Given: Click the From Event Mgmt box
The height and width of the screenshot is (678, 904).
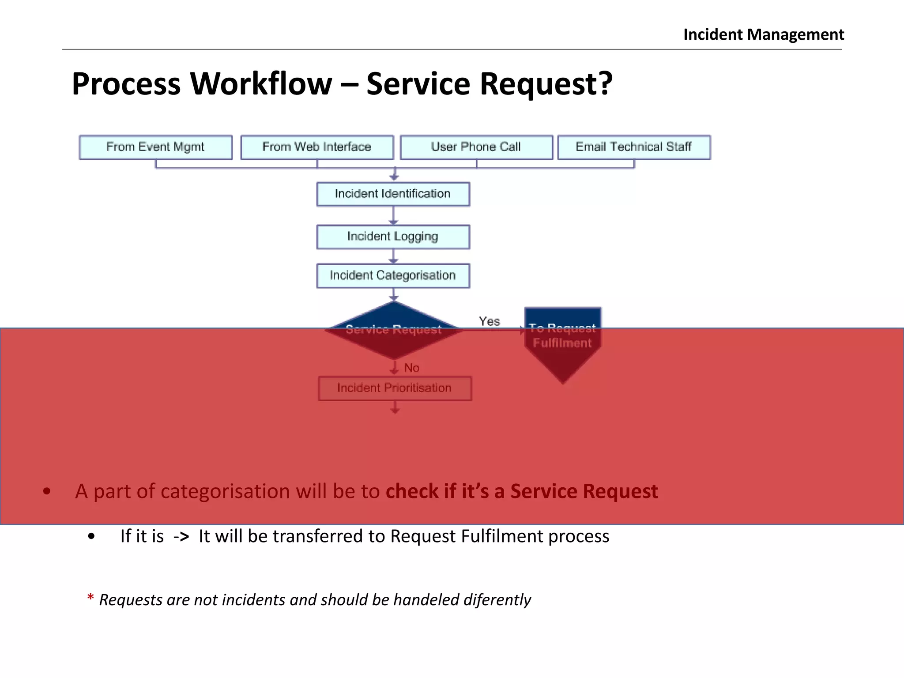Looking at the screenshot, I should click(x=155, y=147).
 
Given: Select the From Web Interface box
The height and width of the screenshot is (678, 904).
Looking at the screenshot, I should click(x=316, y=147).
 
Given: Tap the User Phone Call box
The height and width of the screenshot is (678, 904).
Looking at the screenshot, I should click(x=476, y=147).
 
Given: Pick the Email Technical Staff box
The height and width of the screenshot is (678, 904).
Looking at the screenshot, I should click(x=633, y=147).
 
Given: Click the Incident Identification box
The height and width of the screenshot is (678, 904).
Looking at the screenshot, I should click(x=393, y=194).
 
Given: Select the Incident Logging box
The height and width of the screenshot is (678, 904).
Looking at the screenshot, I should click(x=393, y=237).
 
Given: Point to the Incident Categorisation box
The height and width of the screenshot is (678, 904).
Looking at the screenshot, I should click(x=393, y=276).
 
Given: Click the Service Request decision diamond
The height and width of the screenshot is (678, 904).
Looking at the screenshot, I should click(x=394, y=330).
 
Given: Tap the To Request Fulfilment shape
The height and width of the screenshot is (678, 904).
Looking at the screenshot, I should click(x=562, y=340).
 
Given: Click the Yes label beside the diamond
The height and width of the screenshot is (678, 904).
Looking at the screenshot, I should click(x=489, y=321).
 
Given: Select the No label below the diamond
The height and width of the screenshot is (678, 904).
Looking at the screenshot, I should click(x=411, y=368).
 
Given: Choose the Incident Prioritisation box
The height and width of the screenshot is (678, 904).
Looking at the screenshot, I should click(x=394, y=388).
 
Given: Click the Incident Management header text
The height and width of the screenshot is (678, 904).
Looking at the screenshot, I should click(x=763, y=34).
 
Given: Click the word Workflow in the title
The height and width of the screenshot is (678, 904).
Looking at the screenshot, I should click(x=261, y=84).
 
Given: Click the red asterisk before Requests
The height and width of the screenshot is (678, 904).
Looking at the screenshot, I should click(x=90, y=598).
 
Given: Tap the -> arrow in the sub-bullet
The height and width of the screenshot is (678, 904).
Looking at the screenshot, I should click(x=181, y=537).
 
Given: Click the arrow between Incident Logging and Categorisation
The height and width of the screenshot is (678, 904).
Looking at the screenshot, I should click(x=393, y=256).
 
